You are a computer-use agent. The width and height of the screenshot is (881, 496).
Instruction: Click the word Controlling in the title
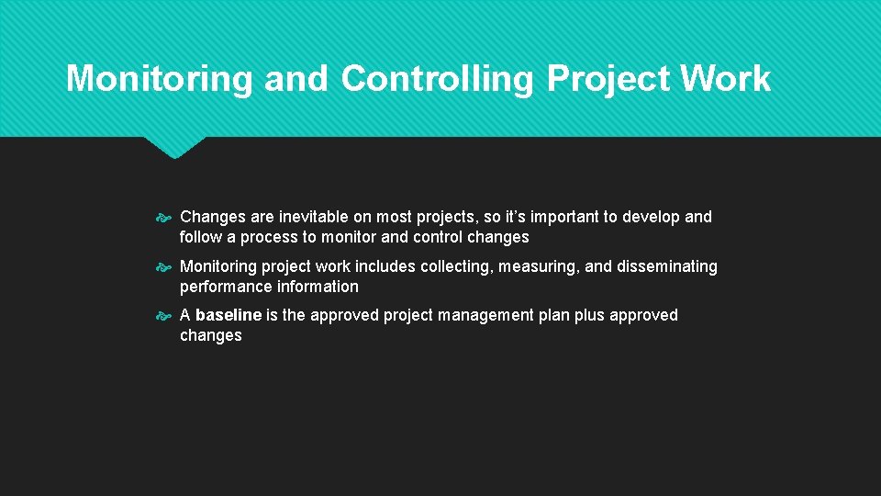[436, 80]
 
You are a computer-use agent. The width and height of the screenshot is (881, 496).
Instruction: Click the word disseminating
[667, 266]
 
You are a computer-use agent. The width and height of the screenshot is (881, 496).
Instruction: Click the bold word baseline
[229, 315]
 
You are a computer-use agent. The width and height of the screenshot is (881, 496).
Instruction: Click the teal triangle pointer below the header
[174, 147]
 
